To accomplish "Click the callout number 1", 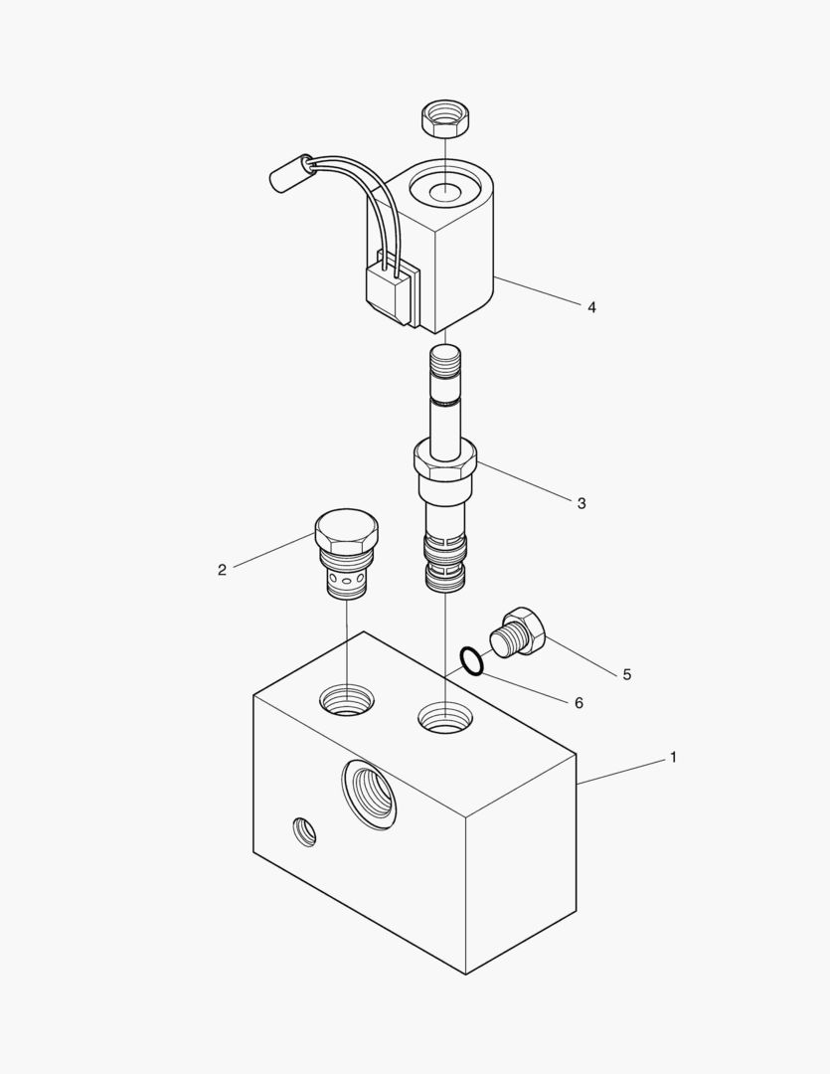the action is point(673,758).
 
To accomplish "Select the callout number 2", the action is point(222,570).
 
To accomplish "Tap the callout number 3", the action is point(581,503).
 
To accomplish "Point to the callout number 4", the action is point(591,307).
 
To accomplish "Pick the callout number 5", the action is point(626,674).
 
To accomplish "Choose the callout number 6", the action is point(579,703).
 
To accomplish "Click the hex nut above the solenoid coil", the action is point(444,118).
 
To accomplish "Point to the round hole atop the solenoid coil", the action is point(444,188).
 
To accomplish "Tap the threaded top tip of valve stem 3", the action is point(445,361).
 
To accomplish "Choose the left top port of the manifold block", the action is point(347,700).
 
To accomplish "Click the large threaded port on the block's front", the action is point(370,795).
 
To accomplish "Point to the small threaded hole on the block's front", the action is point(304,831).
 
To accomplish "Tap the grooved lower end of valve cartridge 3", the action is point(446,562).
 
